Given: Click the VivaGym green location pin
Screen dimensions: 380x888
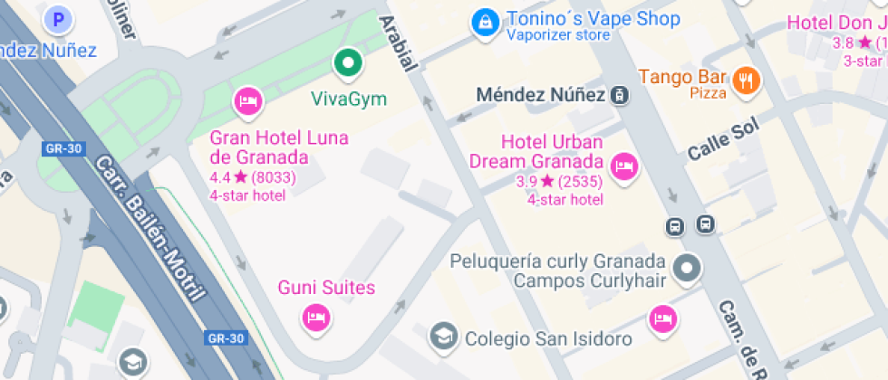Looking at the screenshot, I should click(347, 64).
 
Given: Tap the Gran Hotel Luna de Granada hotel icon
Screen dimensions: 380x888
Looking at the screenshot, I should click(247, 100).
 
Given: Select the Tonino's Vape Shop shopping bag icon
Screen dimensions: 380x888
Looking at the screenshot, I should click(485, 22).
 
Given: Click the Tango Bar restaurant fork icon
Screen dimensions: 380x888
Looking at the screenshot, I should click(747, 80).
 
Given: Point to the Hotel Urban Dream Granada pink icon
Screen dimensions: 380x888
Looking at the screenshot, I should click(623, 166).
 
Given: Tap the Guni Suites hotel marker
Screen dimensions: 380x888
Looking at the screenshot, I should click(315, 317).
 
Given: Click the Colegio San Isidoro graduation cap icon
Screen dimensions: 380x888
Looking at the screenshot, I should click(444, 337).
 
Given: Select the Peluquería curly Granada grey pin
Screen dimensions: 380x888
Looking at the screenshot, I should click(688, 269).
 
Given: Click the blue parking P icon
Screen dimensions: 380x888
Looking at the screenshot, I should click(60, 19).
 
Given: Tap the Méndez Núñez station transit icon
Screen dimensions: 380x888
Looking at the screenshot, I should click(620, 94).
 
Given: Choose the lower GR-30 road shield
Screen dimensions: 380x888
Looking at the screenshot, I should click(226, 338).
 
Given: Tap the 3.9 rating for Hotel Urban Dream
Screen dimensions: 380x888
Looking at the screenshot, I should click(526, 182).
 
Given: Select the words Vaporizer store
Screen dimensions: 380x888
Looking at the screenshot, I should click(558, 36).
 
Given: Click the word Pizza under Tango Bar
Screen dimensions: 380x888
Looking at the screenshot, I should click(709, 93).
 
